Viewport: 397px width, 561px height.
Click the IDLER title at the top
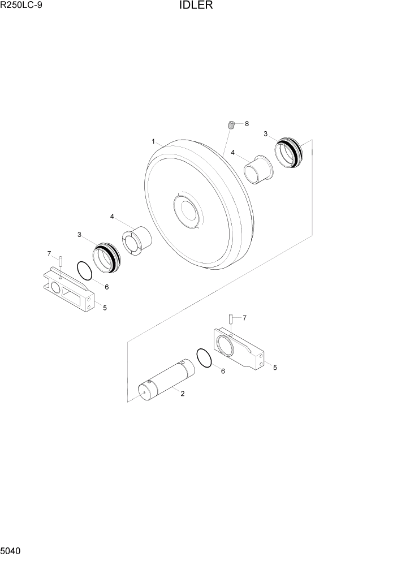196,5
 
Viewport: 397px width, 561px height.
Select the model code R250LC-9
21,5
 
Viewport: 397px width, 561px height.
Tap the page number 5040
11,551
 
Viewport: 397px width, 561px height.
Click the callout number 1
153,142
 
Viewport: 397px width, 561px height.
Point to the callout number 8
247,124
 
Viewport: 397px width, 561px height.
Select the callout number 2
183,394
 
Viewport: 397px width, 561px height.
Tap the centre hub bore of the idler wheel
188,212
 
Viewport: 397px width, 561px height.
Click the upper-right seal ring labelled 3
289,153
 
